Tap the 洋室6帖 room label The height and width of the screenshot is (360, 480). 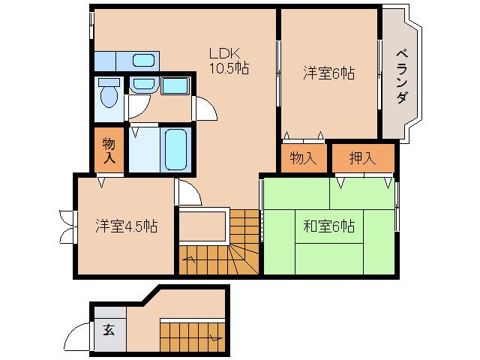[x=328, y=73]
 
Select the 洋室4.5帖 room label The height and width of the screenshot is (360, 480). [x=125, y=224]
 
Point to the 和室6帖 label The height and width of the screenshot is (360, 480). [x=329, y=225]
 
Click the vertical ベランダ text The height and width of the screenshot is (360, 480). [x=402, y=76]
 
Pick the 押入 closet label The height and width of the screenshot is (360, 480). [x=362, y=158]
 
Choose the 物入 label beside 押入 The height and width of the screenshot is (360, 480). [x=303, y=158]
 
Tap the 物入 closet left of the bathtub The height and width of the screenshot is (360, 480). [x=109, y=150]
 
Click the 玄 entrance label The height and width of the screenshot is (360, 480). [x=109, y=329]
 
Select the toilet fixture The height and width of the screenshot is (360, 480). [x=109, y=93]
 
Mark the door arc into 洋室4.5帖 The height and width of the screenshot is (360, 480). [x=189, y=193]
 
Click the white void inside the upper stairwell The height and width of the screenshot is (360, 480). [x=202, y=224]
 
